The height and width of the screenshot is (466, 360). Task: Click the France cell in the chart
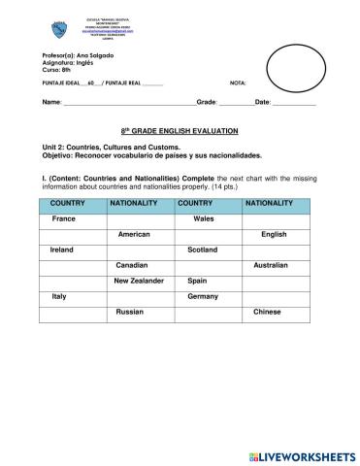[64, 219]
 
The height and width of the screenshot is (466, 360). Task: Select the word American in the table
[134, 235]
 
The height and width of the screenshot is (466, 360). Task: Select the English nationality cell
[275, 235]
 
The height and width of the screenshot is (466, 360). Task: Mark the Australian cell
[271, 265]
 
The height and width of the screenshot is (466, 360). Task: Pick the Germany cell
[203, 296]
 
